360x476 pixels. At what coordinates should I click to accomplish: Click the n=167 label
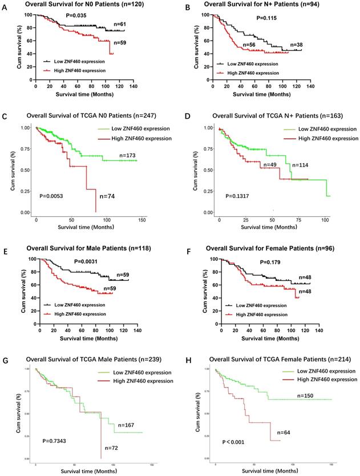pyautogui.click(x=127, y=425)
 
